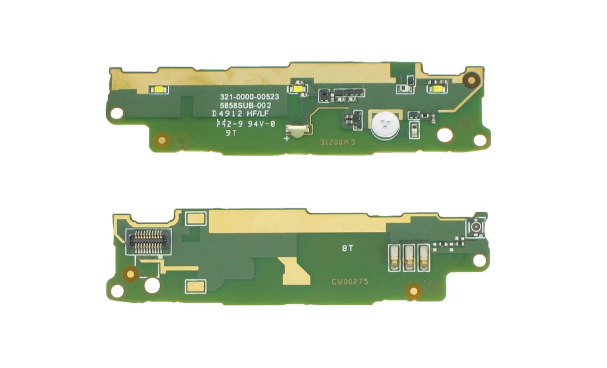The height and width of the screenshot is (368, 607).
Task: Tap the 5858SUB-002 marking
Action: (x=245, y=105)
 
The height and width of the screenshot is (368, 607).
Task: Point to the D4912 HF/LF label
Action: (x=243, y=115)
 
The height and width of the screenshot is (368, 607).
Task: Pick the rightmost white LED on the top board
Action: (x=437, y=89)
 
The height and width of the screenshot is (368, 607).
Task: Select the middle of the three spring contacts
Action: (x=408, y=255)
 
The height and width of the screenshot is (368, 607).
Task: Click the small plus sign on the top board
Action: (x=286, y=139)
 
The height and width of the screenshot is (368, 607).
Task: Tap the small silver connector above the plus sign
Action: (x=297, y=130)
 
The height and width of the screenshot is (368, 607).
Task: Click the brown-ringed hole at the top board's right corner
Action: (x=470, y=79)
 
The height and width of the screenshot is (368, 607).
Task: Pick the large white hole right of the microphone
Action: (x=445, y=134)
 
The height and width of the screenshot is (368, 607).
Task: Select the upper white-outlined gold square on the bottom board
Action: (x=196, y=219)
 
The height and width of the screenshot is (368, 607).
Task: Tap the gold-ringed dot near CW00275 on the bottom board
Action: (x=414, y=291)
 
